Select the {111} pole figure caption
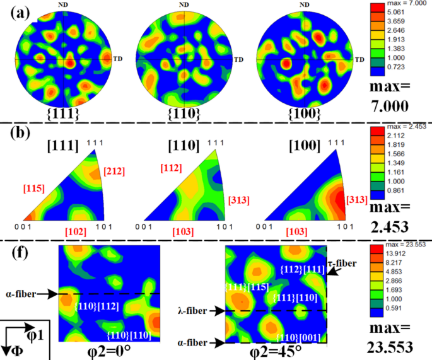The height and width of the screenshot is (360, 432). coord(64,113)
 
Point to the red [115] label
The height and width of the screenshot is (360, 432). coord(33,187)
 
